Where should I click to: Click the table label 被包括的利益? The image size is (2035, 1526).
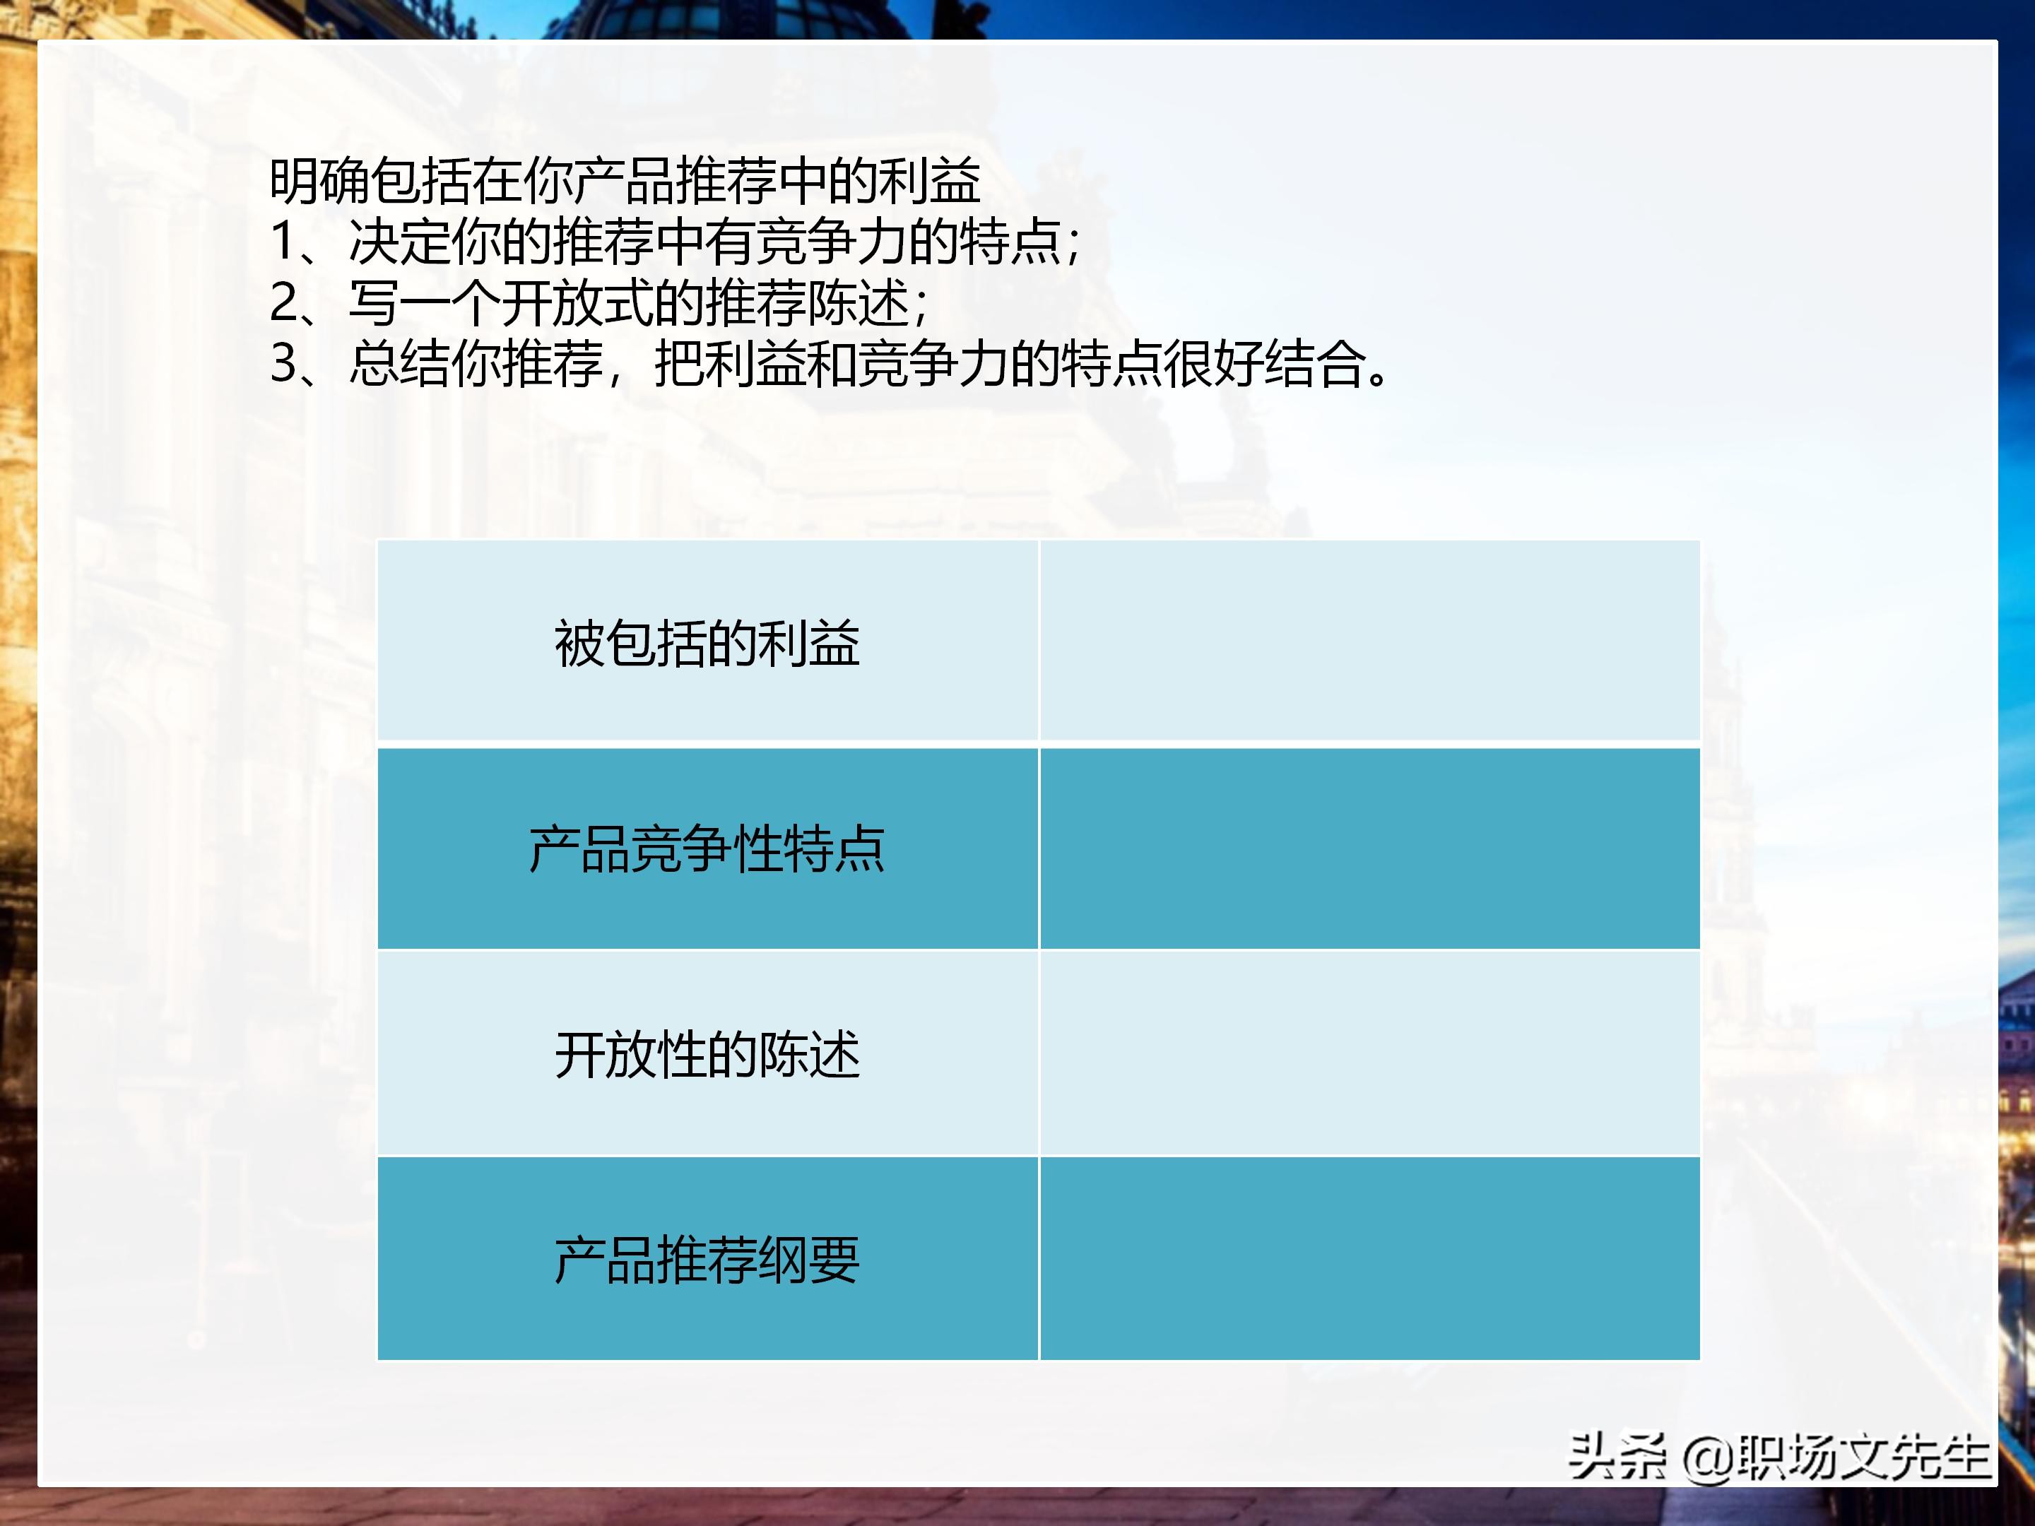tap(707, 643)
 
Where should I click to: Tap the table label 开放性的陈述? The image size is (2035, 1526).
tap(707, 1054)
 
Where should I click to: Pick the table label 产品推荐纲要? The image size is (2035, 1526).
tap(707, 1259)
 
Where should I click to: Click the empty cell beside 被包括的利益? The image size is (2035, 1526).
tap(1369, 641)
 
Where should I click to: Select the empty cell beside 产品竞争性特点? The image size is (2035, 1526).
tap(1369, 848)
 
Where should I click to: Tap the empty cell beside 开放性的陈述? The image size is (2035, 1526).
tap(1369, 1053)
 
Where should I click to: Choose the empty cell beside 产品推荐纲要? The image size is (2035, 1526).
tap(1369, 1258)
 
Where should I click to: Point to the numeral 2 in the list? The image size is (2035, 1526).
tap(283, 302)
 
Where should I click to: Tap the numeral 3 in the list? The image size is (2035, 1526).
tap(283, 363)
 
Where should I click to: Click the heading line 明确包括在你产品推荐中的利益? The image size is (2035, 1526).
tap(625, 180)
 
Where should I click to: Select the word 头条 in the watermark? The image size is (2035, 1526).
tap(1617, 1456)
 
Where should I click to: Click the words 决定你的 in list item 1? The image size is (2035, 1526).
tap(449, 242)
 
